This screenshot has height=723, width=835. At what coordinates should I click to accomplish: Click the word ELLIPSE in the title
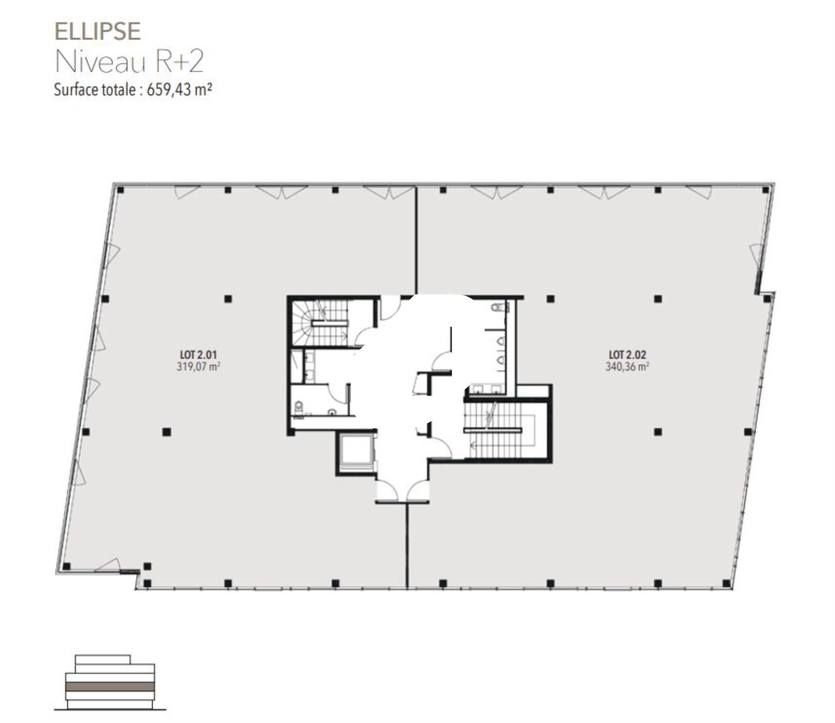coord(98,32)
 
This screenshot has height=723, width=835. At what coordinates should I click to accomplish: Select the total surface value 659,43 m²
coord(179,89)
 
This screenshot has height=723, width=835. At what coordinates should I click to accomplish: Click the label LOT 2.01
coord(198,355)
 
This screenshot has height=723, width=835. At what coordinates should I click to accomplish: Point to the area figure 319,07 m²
coord(198,366)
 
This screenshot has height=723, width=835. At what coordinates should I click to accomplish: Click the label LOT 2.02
coord(627,355)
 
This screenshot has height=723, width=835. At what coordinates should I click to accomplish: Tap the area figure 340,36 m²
coord(627,366)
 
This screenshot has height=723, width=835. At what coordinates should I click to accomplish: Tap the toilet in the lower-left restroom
coord(299,408)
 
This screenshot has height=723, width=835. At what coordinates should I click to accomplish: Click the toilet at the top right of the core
coord(499,308)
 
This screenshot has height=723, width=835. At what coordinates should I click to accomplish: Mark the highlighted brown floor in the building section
coord(110,686)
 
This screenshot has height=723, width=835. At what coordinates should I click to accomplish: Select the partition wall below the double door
coord(407,545)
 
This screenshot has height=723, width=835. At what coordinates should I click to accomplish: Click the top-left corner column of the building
coord(120,190)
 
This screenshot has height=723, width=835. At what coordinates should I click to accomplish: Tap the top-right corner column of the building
coord(766,190)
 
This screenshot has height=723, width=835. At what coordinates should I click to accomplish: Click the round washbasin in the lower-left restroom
coord(333,412)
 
